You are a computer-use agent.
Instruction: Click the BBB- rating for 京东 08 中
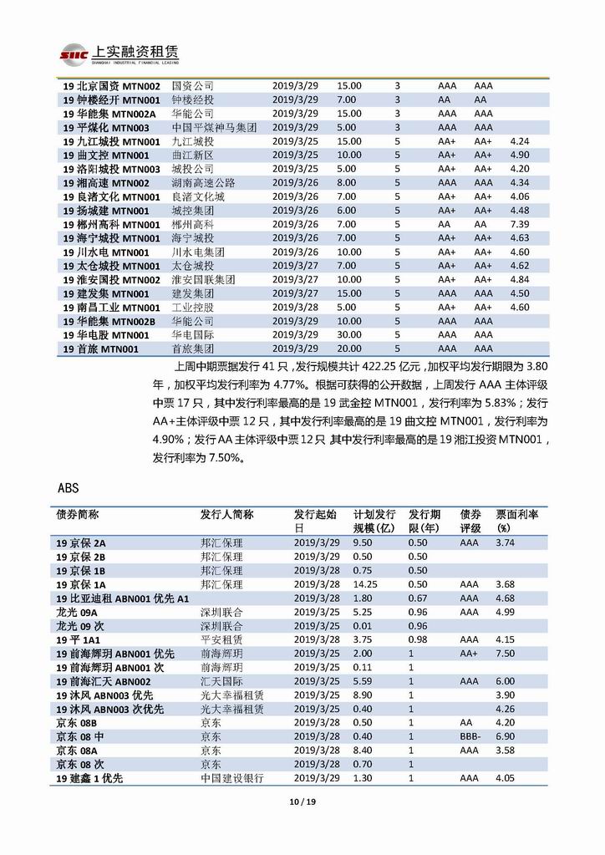pyautogui.click(x=473, y=736)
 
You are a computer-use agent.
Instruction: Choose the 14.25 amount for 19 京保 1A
pyautogui.click(x=367, y=584)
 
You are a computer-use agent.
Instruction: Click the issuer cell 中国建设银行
pyautogui.click(x=231, y=778)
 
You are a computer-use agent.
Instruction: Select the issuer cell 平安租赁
pyautogui.click(x=221, y=639)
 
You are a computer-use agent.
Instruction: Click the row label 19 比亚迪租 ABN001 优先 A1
pyautogui.click(x=122, y=598)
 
